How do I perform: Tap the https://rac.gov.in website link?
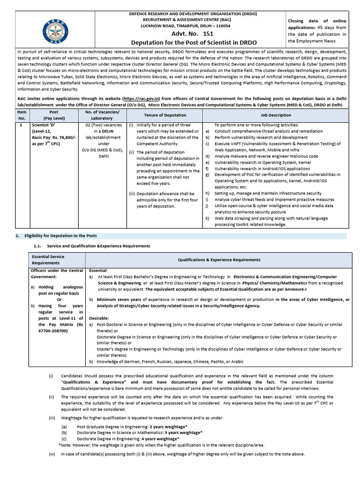(141, 99)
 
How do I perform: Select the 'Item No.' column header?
(22, 115)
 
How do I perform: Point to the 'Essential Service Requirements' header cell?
(48, 260)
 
